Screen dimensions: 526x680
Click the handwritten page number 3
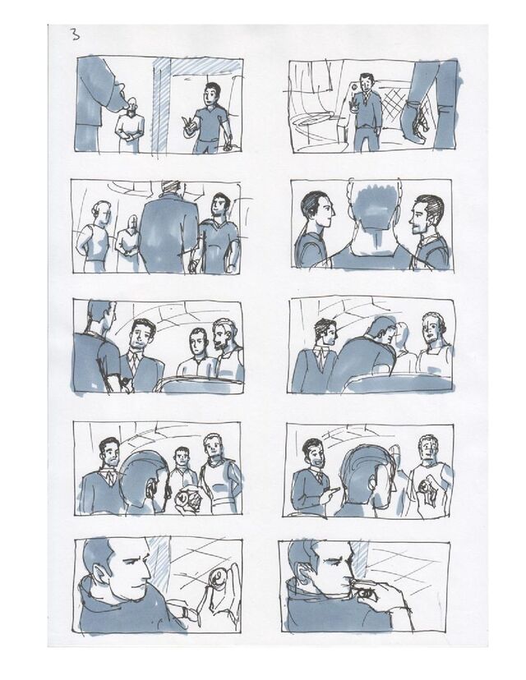coord(76,34)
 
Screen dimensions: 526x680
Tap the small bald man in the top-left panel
coord(129,125)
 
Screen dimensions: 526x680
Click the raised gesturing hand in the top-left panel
coord(189,126)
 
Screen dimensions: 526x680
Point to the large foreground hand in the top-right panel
coord(416,121)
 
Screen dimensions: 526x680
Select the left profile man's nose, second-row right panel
coord(333,213)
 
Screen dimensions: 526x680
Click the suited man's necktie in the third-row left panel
coord(136,360)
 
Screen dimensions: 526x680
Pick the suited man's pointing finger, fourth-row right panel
coord(335,489)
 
